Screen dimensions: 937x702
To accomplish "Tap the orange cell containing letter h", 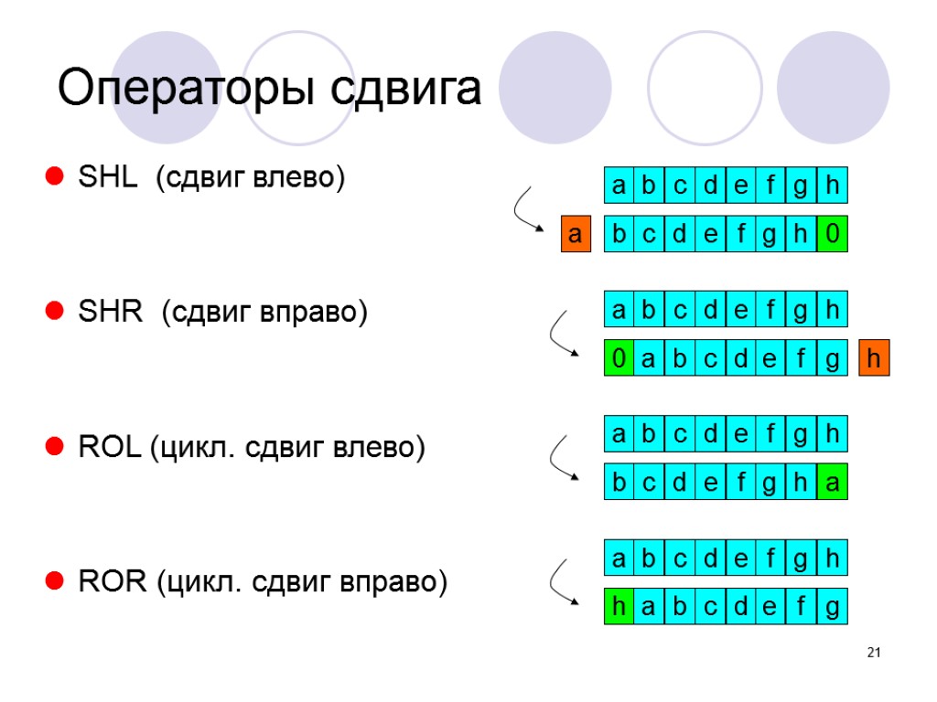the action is [x=874, y=358].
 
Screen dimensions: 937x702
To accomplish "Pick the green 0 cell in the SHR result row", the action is [x=619, y=358].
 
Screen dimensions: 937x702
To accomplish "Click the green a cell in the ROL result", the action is [x=832, y=484].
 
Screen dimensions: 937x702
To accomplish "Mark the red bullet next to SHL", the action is [x=54, y=177].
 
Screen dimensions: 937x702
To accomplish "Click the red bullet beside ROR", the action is [x=54, y=581].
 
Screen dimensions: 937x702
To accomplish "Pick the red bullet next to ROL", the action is [x=54, y=448].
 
